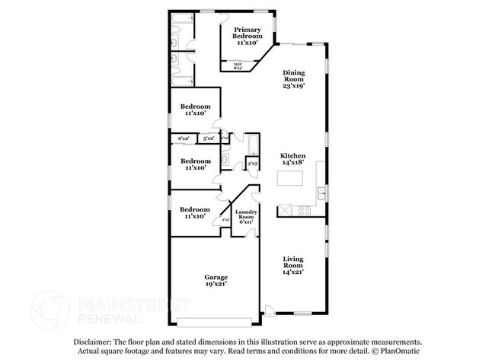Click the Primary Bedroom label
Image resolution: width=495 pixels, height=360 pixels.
pyautogui.click(x=248, y=36)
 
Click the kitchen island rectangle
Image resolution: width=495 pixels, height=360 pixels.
pyautogui.click(x=290, y=180)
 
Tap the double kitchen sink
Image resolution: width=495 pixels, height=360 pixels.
pyautogui.click(x=322, y=193)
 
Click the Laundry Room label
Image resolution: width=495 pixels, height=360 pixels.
pyautogui.click(x=245, y=217)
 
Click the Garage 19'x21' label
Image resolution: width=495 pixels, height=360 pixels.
pyautogui.click(x=216, y=281)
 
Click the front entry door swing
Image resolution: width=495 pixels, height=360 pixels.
pyautogui.click(x=268, y=311)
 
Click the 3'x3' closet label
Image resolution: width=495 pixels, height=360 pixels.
pyautogui.click(x=252, y=164)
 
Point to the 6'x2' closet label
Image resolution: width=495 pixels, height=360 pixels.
pyautogui.click(x=184, y=139)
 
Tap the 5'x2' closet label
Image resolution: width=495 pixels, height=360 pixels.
pyautogui.click(x=208, y=139)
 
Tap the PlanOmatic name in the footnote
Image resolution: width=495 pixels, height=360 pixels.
pyautogui.click(x=397, y=352)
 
